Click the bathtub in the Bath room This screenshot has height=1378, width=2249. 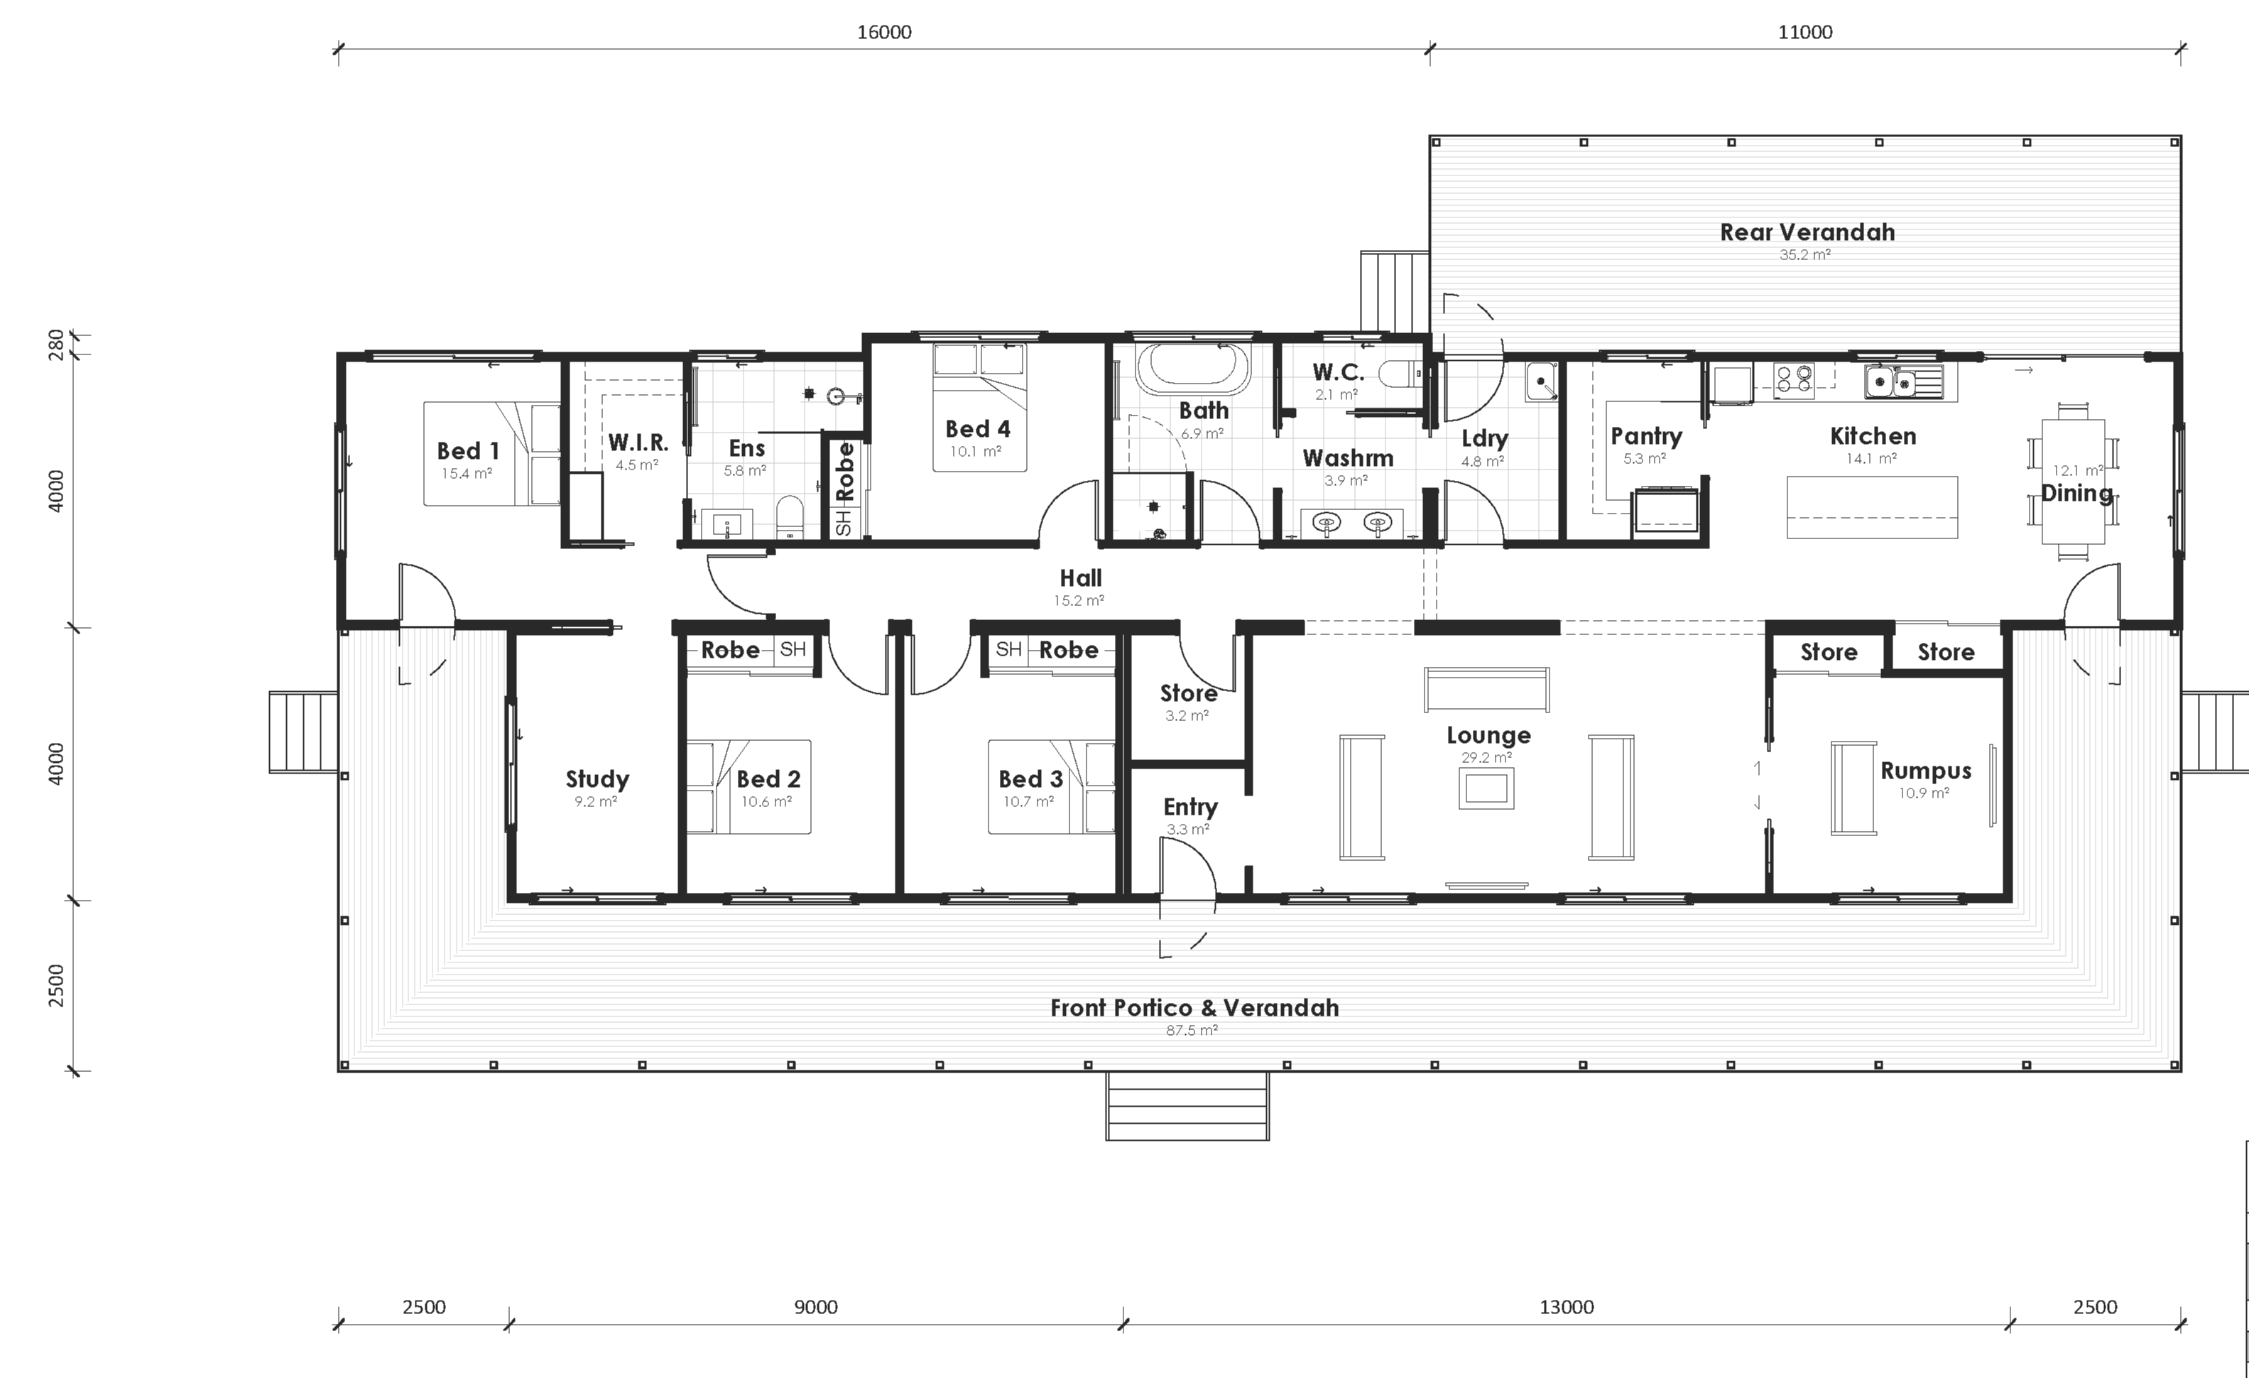[x=1192, y=367]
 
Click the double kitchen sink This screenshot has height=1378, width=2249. [x=1890, y=381]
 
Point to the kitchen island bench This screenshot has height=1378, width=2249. [x=1871, y=507]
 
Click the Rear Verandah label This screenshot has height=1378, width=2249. [x=1807, y=233]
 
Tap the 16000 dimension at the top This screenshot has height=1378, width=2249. [x=883, y=33]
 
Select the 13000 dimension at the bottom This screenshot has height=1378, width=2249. [x=1567, y=1307]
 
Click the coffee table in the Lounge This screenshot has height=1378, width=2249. [x=1486, y=787]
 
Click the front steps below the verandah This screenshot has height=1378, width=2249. [x=1187, y=1106]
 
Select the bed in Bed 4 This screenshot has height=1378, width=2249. [x=979, y=406]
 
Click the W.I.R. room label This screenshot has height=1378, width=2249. [x=637, y=443]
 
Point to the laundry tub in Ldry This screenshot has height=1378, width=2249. [x=1541, y=381]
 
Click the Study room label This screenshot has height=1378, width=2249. [x=597, y=779]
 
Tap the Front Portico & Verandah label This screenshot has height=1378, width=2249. [x=1194, y=1008]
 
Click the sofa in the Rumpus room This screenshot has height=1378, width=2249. [x=1853, y=788]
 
